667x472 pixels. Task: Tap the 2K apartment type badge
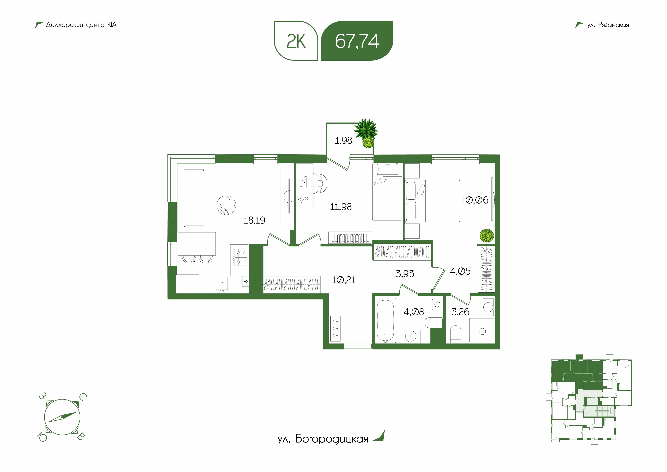coord(296,41)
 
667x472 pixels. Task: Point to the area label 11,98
coord(341,207)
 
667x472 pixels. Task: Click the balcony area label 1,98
coord(343,140)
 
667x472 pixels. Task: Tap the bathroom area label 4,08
coord(414,312)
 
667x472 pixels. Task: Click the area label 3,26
coord(460,312)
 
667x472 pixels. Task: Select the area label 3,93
coord(405,273)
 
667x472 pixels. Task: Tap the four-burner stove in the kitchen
coord(239,257)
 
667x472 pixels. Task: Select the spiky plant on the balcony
coord(366,133)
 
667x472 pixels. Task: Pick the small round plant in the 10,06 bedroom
coord(487,236)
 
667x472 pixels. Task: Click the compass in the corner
coord(62,417)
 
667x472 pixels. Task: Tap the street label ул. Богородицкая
coord(323,439)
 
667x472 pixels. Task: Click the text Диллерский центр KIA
coord(81,25)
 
